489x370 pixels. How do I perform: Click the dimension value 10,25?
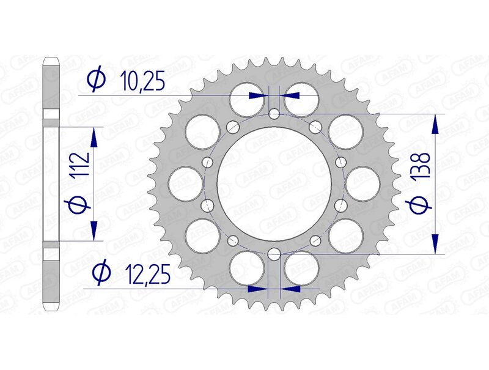[142, 81]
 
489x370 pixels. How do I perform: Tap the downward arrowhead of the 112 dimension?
[94, 230]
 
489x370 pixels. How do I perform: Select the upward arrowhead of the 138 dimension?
[435, 125]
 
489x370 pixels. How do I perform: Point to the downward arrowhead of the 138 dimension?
[435, 243]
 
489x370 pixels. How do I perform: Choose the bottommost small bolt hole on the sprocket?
[274, 253]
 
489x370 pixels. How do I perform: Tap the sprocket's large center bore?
[274, 183]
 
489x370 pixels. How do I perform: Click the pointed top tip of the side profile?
[51, 59]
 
